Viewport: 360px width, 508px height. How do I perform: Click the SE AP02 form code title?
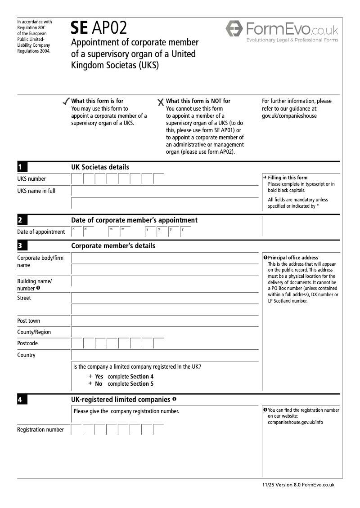click(x=99, y=28)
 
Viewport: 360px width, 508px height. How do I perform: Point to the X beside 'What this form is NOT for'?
click(x=161, y=102)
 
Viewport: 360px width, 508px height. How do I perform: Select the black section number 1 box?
click(x=22, y=167)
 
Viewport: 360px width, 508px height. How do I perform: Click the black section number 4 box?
click(x=22, y=400)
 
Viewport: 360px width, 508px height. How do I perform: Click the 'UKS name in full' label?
click(x=36, y=191)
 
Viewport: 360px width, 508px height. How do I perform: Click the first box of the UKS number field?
click(x=77, y=179)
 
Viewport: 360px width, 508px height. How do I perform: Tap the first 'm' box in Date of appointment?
click(x=113, y=232)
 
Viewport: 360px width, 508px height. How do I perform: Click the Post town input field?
click(x=165, y=321)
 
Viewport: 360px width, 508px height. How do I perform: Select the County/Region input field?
click(x=165, y=332)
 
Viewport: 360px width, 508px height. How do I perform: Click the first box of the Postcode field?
click(x=77, y=343)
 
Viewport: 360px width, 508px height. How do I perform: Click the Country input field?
click(x=165, y=355)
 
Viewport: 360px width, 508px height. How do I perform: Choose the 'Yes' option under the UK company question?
click(x=99, y=377)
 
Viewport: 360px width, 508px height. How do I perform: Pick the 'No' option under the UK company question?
click(x=99, y=384)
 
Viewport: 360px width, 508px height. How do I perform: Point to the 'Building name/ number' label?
click(x=34, y=285)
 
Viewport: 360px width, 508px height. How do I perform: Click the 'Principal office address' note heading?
click(x=293, y=258)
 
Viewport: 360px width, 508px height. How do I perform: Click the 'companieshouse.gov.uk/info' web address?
click(x=295, y=423)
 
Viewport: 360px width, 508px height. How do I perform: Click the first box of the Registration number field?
click(x=77, y=430)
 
